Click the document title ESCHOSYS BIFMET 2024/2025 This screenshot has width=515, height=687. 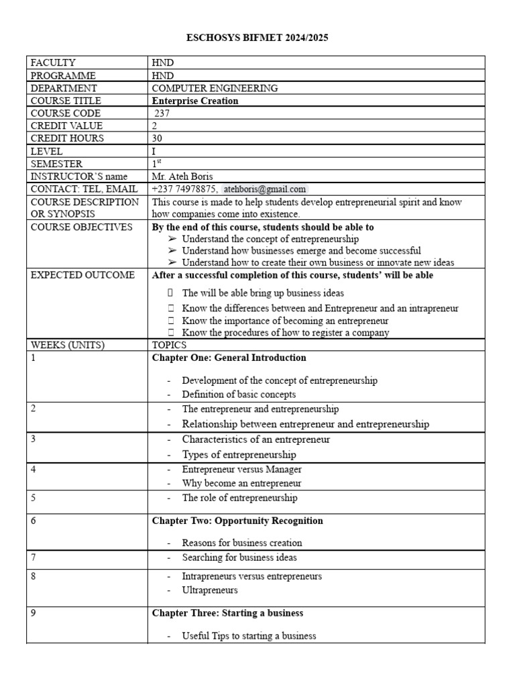point(257,38)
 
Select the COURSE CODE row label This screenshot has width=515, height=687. point(66,113)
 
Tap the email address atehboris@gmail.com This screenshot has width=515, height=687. point(264,189)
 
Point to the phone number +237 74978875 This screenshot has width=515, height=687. point(184,189)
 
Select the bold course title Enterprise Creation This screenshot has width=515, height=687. point(195,101)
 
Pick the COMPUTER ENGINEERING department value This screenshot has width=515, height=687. point(215,88)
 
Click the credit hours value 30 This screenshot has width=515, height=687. point(158,138)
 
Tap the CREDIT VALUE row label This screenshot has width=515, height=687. point(67,126)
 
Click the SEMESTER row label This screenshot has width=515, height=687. point(57,164)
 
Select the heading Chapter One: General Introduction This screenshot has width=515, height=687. point(229,358)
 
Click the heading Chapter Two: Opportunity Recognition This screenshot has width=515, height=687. point(237,521)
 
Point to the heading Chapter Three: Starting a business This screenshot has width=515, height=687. point(227,613)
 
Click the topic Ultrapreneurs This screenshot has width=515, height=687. point(210,590)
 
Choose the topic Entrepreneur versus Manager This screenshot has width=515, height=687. point(241,470)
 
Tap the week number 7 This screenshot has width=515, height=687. point(34,558)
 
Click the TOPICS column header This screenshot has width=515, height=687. point(170,345)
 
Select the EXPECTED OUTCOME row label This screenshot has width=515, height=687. point(82,275)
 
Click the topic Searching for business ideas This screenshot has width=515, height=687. point(239,558)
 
